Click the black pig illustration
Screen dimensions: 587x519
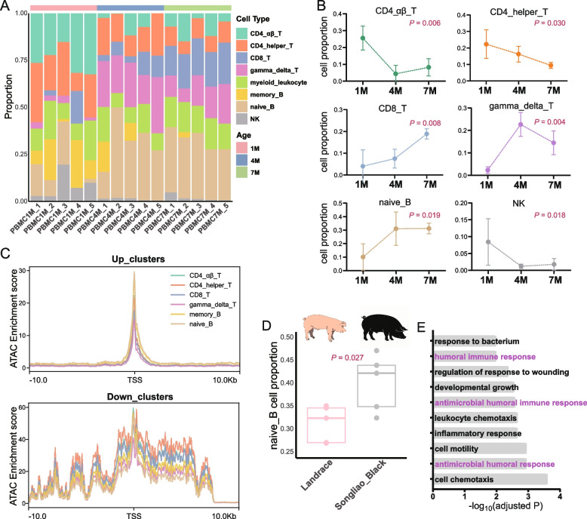pos(384,327)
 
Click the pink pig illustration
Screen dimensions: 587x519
pos(324,327)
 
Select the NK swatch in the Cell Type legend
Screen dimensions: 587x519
pos(241,119)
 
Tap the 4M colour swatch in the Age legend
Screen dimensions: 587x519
pos(241,161)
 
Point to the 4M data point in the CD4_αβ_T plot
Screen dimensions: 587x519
pos(395,74)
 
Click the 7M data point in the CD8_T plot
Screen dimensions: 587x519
pos(426,134)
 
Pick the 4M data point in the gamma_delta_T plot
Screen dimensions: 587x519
pos(521,124)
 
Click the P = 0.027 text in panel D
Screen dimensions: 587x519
pos(347,358)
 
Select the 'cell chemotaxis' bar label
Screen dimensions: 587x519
pos(464,479)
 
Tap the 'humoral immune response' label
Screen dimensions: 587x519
pos(485,357)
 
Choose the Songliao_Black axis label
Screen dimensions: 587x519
pos(360,485)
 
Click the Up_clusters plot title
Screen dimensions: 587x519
pos(138,259)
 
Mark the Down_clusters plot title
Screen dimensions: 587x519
pos(140,397)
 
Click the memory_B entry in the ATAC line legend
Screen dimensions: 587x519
pos(205,315)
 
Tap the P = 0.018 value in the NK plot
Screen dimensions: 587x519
pos(549,215)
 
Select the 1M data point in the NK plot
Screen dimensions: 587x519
pos(488,242)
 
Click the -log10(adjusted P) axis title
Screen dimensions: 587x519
pos(506,506)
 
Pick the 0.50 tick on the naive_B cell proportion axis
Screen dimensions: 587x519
pos(287,337)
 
